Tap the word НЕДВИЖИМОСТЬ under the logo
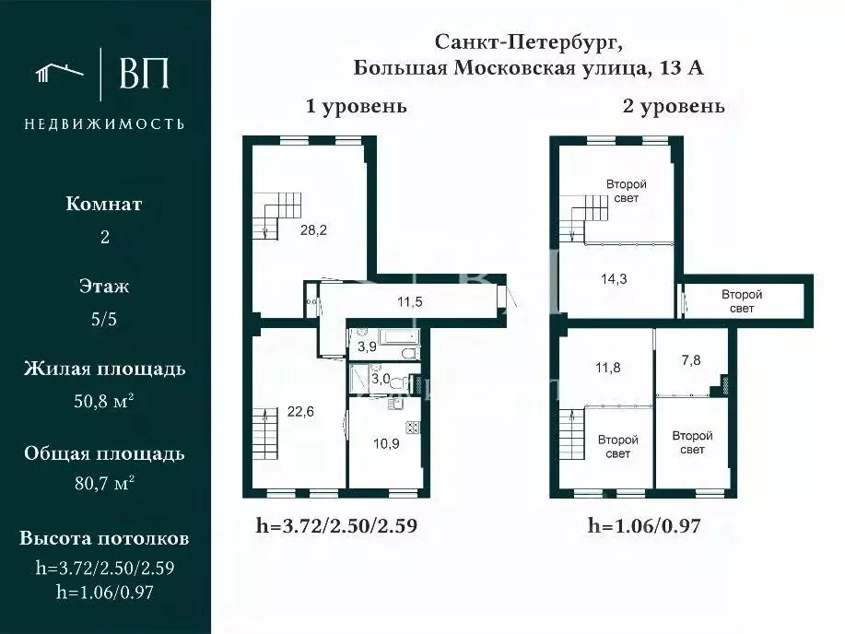pyautogui.click(x=104, y=123)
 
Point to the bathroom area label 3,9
pyautogui.click(x=366, y=347)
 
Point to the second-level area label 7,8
pyautogui.click(x=691, y=360)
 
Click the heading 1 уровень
pyautogui.click(x=357, y=106)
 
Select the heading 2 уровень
pyautogui.click(x=675, y=106)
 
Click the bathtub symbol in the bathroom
pyautogui.click(x=398, y=338)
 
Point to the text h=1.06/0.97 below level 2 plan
pyautogui.click(x=645, y=526)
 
